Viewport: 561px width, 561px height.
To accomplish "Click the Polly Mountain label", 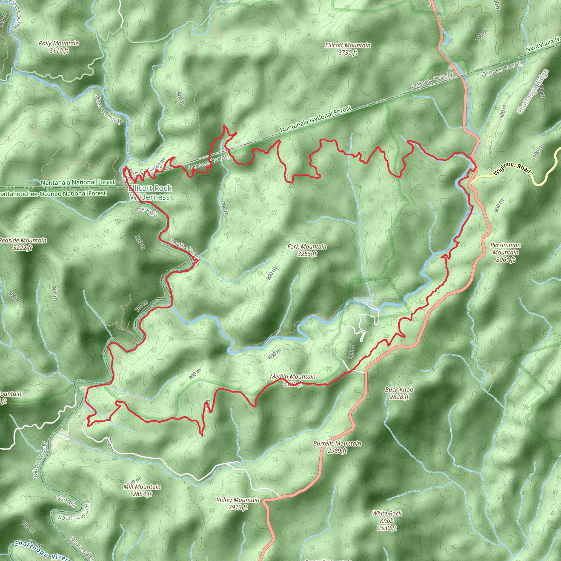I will (x=59, y=47).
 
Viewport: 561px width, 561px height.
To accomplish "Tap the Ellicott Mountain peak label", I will (x=348, y=49).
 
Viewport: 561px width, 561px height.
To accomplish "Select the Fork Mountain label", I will (x=307, y=250).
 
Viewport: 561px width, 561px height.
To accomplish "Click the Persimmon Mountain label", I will (x=506, y=252).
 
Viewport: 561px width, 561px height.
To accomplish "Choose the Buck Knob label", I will (x=399, y=393).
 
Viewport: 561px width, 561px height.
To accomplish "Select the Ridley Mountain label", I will (x=238, y=503).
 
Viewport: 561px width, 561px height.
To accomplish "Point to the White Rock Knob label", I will (x=387, y=521).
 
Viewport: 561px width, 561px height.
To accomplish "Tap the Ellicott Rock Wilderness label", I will (x=150, y=193).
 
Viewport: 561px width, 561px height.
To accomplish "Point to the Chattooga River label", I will (x=41, y=550).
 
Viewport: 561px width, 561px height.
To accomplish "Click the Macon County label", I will (x=109, y=109).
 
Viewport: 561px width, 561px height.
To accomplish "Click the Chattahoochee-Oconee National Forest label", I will (x=52, y=194).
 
